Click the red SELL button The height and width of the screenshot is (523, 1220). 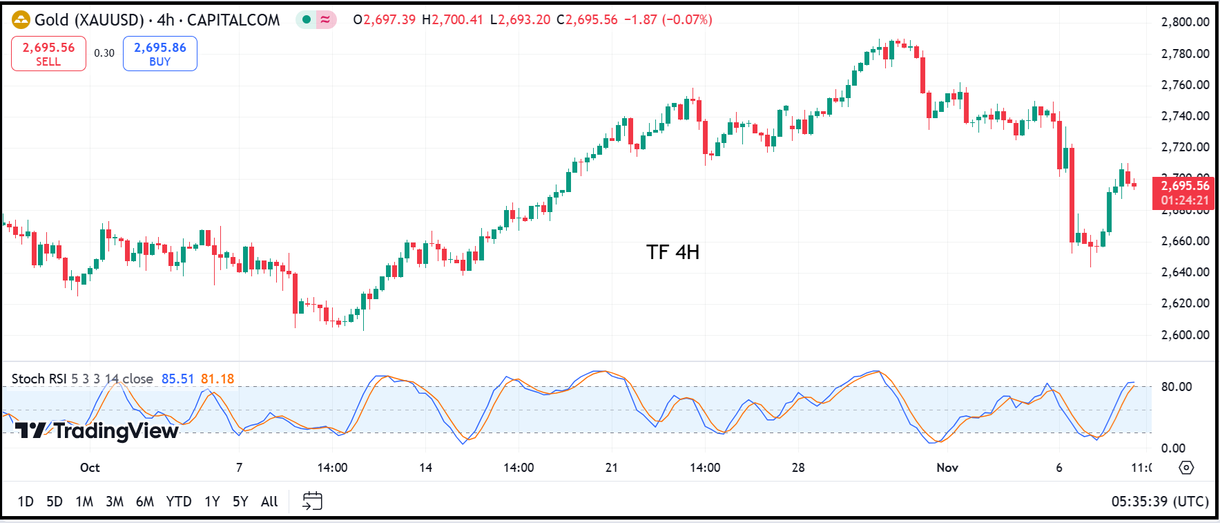48,53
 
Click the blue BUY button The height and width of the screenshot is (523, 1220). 159,53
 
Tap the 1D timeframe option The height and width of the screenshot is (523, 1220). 26,502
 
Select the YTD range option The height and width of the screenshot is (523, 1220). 178,502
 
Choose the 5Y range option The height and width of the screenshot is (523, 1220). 240,502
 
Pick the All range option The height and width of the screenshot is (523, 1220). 269,502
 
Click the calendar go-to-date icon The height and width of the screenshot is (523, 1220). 312,501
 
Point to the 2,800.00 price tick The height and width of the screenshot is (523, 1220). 1185,22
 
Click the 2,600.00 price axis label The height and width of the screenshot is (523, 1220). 1185,335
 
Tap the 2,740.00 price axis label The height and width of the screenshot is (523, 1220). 1185,116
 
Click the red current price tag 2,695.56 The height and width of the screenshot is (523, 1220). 1184,186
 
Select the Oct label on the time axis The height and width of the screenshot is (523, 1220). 90,468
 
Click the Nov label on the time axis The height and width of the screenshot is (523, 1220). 947,468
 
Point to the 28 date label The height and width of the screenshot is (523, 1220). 798,468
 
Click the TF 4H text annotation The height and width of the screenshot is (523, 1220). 672,252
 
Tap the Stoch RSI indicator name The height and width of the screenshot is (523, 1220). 39,379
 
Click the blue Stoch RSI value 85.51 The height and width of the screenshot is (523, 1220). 177,379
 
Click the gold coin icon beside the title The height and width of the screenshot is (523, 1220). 21,20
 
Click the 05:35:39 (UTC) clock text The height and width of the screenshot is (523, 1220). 1160,502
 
